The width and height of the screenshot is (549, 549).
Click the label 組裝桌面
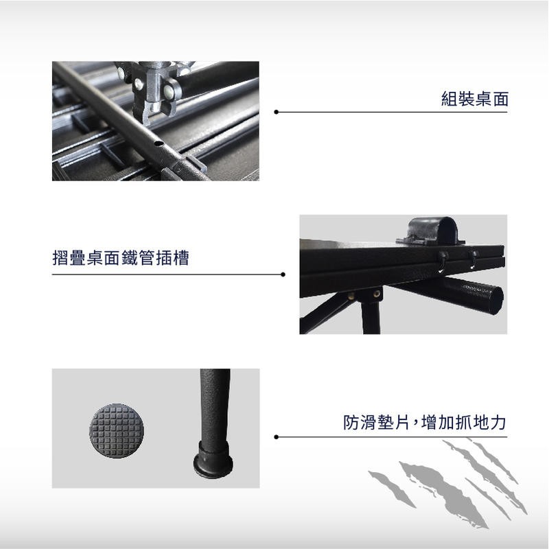point(474,99)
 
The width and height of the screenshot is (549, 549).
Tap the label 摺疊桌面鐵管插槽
point(121,258)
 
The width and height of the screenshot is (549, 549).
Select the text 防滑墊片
point(376,422)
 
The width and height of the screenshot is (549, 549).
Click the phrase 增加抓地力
point(464,422)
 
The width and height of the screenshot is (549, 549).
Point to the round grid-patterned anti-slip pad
point(116,430)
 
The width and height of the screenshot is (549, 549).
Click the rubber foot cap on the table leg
point(213,460)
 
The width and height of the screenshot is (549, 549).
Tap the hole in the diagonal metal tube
point(159,143)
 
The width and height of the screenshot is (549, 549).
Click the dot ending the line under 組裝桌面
point(277,112)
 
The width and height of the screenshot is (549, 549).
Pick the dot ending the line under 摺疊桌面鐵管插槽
point(283,274)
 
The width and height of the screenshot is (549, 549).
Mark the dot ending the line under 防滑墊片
point(277,437)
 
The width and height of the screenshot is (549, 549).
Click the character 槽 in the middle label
point(180,258)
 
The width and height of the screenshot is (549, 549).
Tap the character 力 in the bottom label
point(498,422)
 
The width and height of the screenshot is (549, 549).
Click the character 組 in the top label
point(449,99)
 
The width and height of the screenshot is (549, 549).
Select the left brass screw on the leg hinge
point(351,296)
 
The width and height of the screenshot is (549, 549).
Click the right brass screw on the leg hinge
point(377,294)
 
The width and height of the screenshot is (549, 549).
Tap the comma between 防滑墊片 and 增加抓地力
point(415,423)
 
